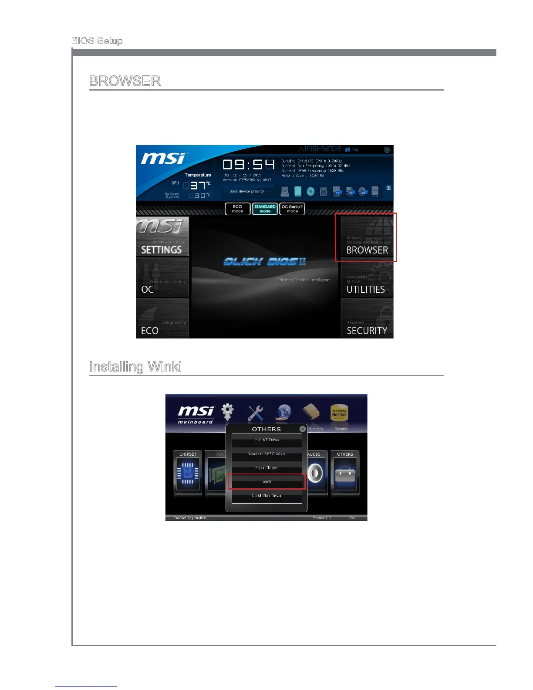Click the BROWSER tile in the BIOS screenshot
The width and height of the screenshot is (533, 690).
[x=367, y=237]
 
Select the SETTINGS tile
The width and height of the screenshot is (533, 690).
[x=162, y=237]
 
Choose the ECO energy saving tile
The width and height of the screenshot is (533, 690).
[x=162, y=319]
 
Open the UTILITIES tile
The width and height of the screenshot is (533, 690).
[x=367, y=279]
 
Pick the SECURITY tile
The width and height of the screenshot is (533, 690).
[x=367, y=319]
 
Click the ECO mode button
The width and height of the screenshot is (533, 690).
[x=237, y=209]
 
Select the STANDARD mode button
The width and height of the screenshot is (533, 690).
[x=265, y=209]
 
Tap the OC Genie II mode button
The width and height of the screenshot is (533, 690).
[x=292, y=209]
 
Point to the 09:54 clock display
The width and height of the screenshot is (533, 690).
[x=249, y=165]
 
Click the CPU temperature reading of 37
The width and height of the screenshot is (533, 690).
[x=198, y=186]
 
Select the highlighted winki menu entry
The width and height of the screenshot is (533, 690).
[x=266, y=482]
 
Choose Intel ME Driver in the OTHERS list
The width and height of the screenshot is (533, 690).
[x=266, y=440]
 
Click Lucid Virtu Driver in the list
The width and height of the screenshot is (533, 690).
[x=266, y=496]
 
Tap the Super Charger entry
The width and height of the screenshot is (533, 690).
[x=266, y=468]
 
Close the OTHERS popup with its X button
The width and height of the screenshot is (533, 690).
[x=303, y=429]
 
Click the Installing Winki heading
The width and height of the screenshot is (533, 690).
[x=135, y=366]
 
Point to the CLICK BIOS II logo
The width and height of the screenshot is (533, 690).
[x=265, y=261]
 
